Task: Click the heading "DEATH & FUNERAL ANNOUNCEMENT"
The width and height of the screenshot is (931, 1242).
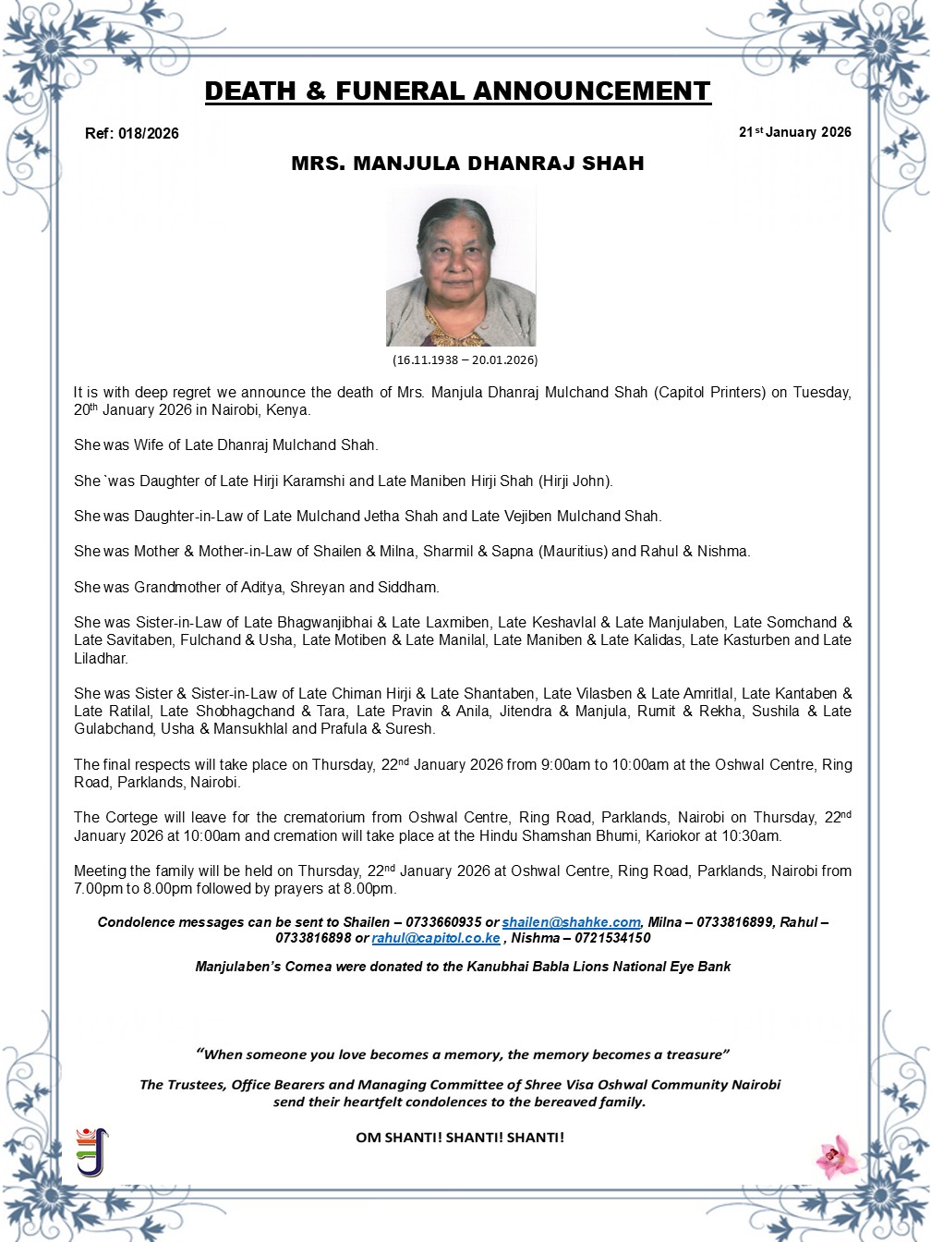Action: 457,91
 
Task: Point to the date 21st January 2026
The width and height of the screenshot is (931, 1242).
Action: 794,132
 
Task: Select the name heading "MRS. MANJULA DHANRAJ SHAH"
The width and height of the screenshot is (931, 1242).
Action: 467,164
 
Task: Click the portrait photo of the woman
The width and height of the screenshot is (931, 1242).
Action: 461,267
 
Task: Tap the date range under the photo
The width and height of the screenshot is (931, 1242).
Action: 465,359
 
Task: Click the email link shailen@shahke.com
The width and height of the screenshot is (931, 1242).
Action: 571,922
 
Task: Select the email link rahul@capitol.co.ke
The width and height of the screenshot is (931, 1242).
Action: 436,938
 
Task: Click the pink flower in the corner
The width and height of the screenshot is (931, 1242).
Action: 837,1156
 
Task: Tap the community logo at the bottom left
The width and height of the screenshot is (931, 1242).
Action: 91,1151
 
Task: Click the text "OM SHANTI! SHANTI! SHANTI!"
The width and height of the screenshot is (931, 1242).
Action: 460,1138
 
